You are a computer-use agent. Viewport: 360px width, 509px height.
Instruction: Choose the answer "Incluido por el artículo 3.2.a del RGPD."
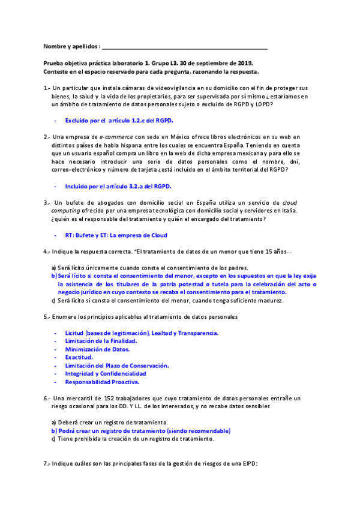118,186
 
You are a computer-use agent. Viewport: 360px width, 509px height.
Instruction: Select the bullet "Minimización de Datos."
97,349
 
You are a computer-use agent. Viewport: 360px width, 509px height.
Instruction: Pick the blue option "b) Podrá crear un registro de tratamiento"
140,431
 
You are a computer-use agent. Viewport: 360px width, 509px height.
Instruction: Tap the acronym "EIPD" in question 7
247,464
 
